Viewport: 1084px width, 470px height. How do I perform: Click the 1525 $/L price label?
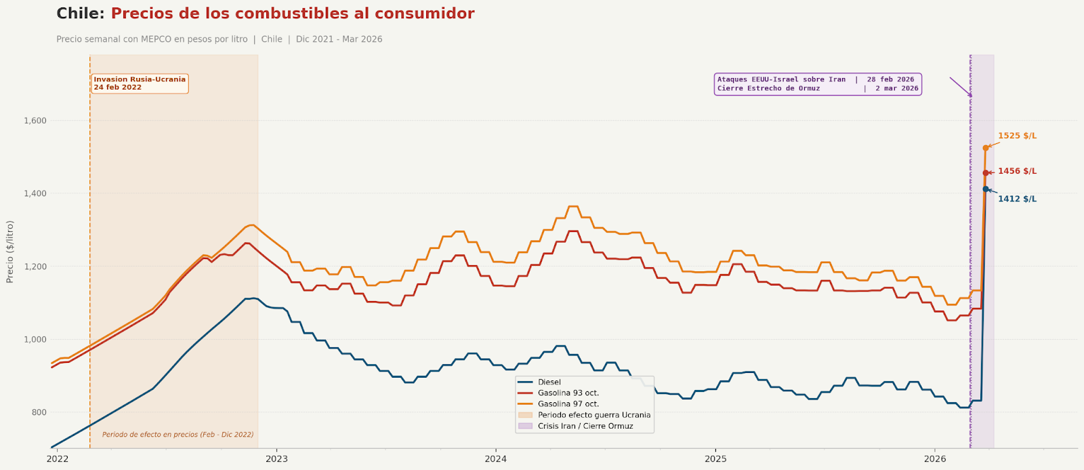(1017, 136)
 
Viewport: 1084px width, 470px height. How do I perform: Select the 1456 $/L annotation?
(1017, 172)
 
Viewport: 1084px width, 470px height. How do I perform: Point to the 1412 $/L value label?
(1017, 199)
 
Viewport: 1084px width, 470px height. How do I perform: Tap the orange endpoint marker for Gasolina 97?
(986, 148)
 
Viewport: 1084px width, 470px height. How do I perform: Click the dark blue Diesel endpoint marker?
(986, 189)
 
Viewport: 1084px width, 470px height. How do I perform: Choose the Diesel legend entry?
(549, 383)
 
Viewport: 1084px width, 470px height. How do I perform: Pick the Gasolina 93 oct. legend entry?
(568, 393)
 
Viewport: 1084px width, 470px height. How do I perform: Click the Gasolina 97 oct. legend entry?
(568, 404)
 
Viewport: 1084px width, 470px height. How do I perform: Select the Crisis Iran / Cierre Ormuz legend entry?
(585, 426)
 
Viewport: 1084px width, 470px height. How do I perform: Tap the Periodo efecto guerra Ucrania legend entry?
(593, 415)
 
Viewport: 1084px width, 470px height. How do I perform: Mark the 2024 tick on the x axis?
(496, 458)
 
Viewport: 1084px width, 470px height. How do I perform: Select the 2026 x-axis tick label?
(935, 458)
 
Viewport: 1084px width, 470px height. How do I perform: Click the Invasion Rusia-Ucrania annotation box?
(140, 83)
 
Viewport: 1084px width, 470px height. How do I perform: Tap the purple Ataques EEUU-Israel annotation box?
(818, 84)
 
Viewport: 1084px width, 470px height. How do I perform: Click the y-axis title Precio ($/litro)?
(9, 252)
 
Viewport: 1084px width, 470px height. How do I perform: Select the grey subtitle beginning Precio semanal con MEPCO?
(219, 39)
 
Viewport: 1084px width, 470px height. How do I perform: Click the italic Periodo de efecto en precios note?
(178, 435)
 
